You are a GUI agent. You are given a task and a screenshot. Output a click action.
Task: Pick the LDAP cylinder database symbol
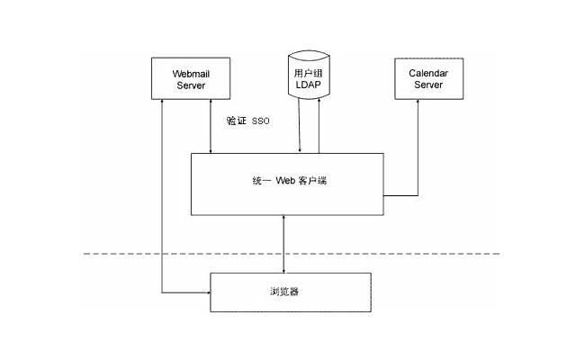[308, 82]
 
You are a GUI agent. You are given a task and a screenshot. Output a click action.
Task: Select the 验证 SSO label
[247, 119]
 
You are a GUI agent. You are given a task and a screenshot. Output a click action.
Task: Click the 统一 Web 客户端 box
[288, 184]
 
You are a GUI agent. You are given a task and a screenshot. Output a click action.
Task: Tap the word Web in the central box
[285, 180]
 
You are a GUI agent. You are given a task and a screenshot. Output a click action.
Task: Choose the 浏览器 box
[291, 292]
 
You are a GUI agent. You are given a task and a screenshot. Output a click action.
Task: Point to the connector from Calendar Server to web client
[417, 153]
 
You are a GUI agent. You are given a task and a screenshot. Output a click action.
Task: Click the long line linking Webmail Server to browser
[162, 198]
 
